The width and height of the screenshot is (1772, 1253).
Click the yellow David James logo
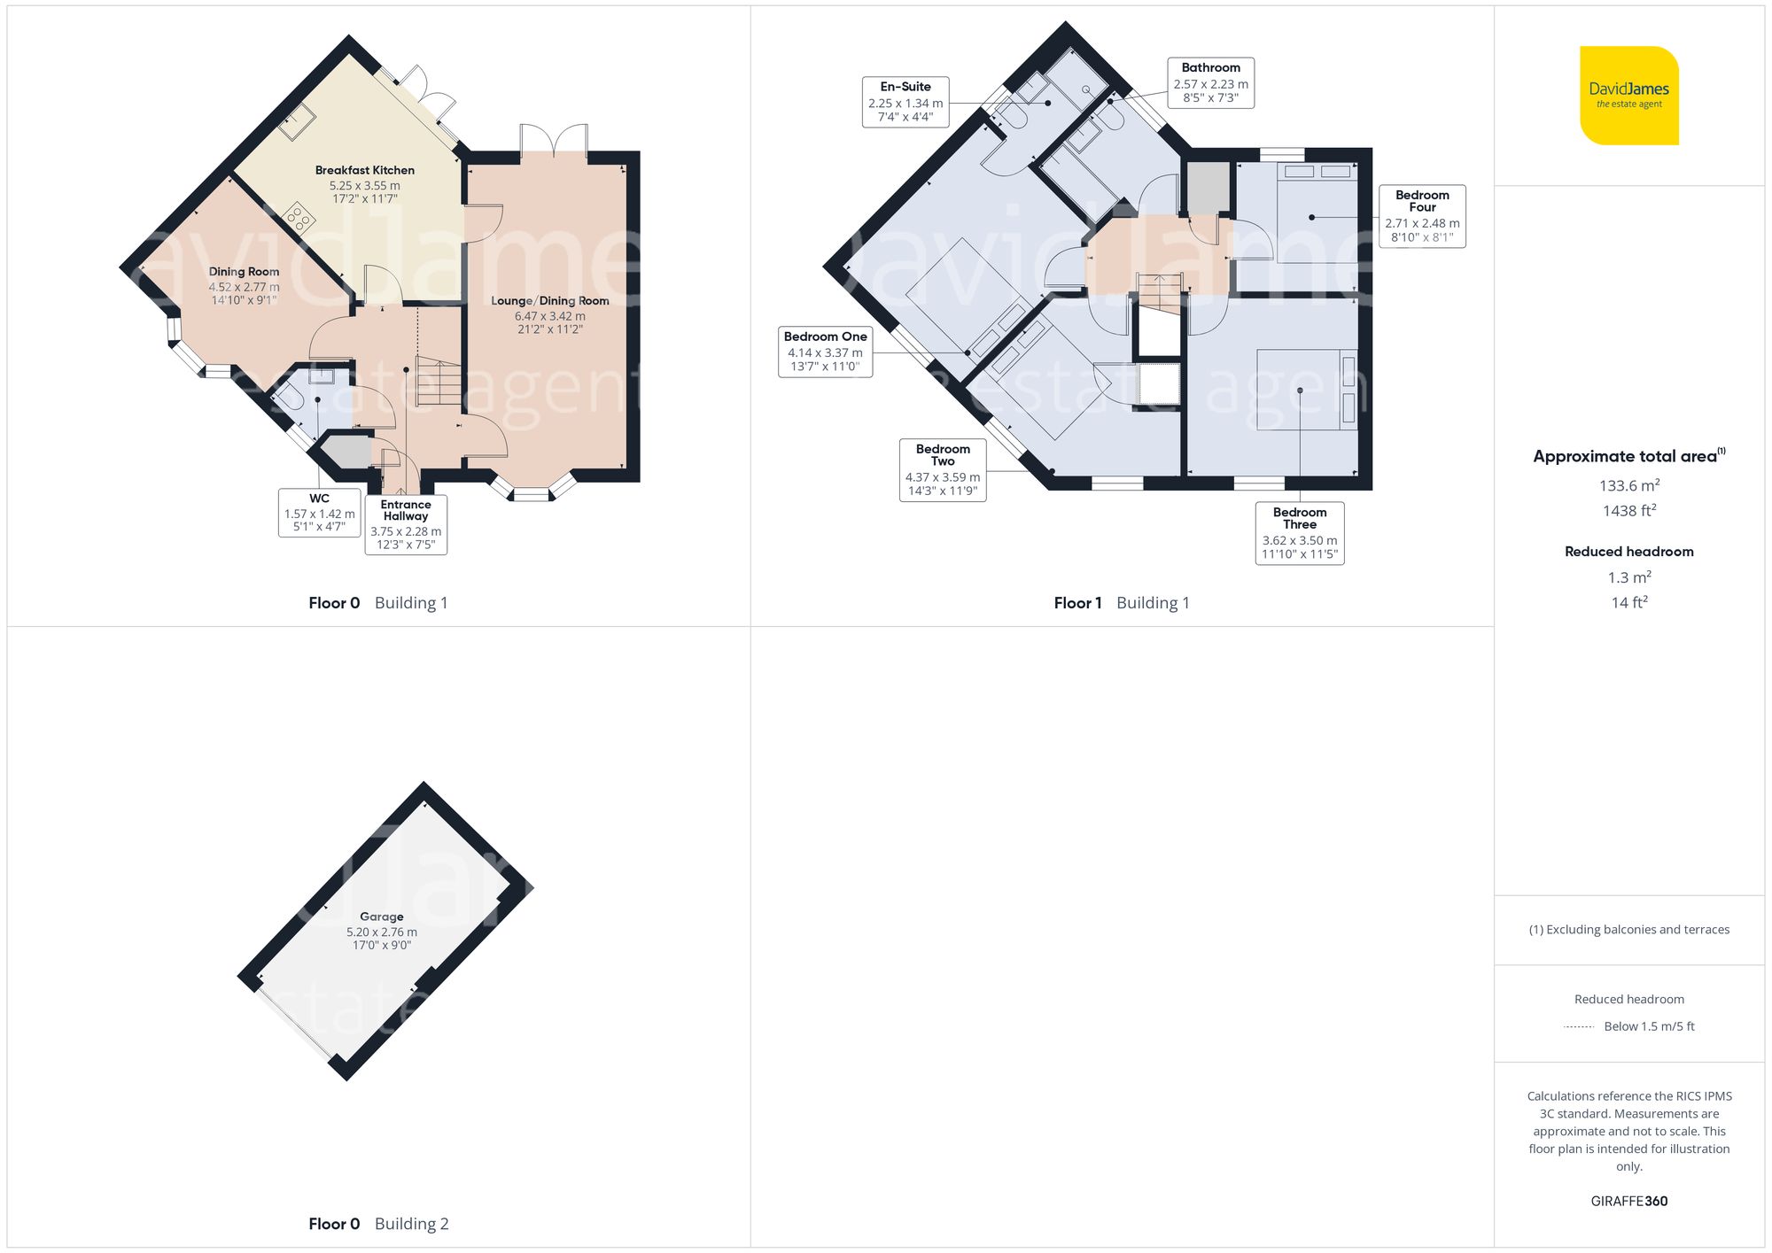tap(1628, 96)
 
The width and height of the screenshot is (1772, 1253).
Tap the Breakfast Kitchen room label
tap(364, 171)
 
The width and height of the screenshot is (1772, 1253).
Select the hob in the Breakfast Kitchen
tap(299, 216)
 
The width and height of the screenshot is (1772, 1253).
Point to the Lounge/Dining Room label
tap(549, 301)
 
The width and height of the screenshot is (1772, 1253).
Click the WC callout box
tap(319, 513)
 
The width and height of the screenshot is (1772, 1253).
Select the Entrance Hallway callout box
tap(406, 524)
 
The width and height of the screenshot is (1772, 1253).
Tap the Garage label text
tap(381, 917)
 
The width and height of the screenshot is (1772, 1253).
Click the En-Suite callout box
tap(905, 102)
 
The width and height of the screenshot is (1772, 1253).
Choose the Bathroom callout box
tap(1210, 82)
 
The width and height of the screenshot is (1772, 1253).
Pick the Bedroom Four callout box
tap(1422, 216)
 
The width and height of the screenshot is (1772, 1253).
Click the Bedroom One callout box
tap(825, 352)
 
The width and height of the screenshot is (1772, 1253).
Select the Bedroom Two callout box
tap(943, 469)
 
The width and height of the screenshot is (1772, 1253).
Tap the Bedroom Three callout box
tap(1300, 533)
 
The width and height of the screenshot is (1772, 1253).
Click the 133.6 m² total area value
tap(1628, 485)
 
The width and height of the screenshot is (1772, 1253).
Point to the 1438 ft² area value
tap(1628, 511)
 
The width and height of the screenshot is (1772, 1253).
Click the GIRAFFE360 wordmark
tap(1628, 1202)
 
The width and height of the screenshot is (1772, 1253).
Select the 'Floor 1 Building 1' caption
tap(1121, 603)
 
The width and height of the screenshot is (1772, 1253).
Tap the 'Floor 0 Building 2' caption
tap(378, 1224)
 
